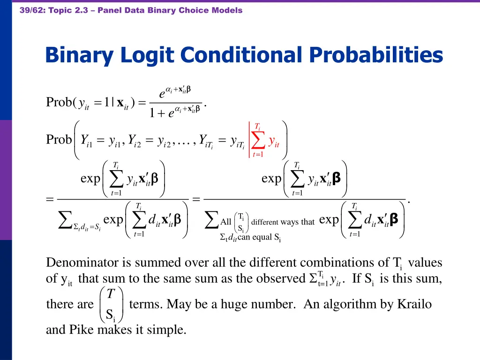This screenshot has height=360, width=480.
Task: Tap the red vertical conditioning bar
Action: click(x=249, y=139)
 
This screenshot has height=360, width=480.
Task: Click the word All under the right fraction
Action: click(x=226, y=222)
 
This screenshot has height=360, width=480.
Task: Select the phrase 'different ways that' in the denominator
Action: click(x=283, y=222)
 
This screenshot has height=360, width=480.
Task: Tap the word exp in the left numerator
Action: click(x=90, y=179)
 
